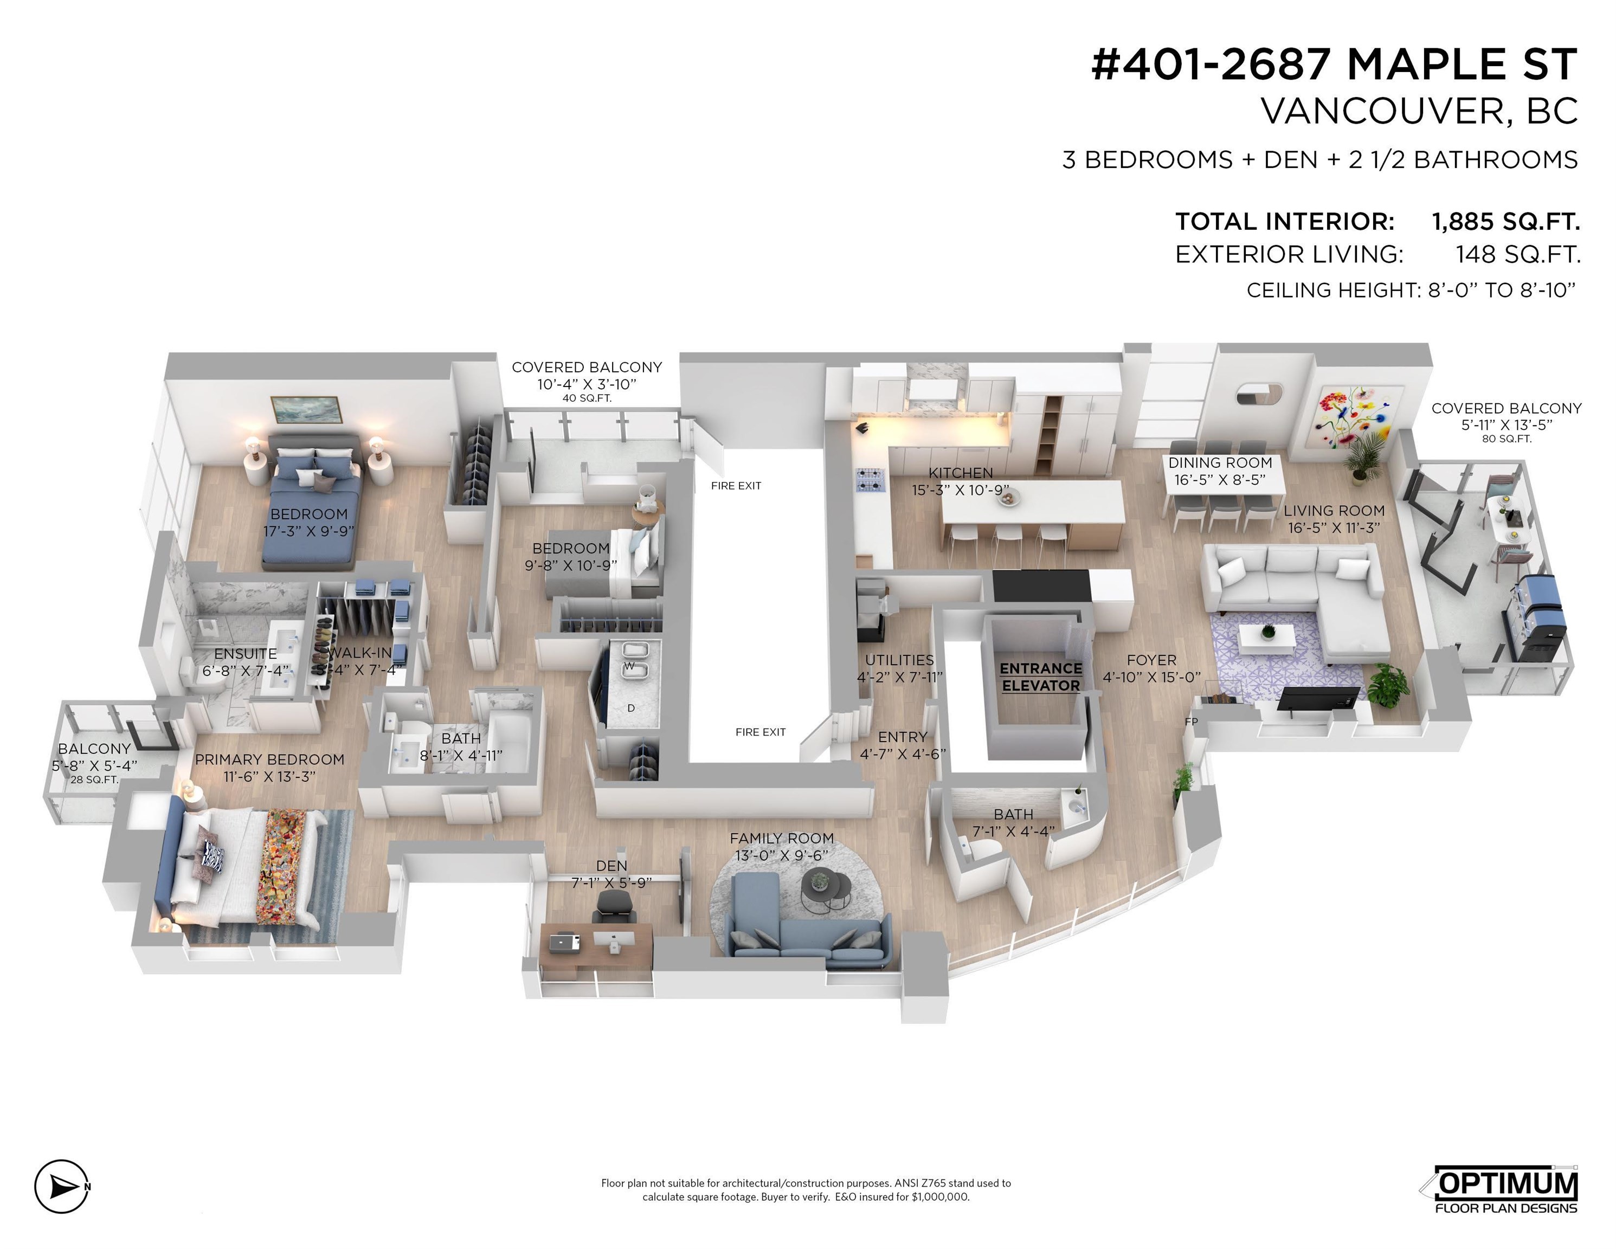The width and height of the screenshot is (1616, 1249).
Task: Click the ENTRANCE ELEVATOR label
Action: [x=1040, y=677]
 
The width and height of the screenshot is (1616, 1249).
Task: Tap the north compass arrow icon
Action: [x=62, y=1186]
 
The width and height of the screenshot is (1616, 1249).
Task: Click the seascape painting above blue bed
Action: [x=306, y=410]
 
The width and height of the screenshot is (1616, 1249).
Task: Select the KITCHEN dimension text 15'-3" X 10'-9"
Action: [x=961, y=490]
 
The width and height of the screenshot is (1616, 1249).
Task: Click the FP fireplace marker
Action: [x=1190, y=722]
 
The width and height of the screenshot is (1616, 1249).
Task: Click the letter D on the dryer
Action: [x=630, y=708]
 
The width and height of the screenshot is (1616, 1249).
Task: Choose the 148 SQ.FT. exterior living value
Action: [x=1517, y=255]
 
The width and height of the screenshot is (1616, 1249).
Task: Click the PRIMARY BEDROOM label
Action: [x=269, y=759]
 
